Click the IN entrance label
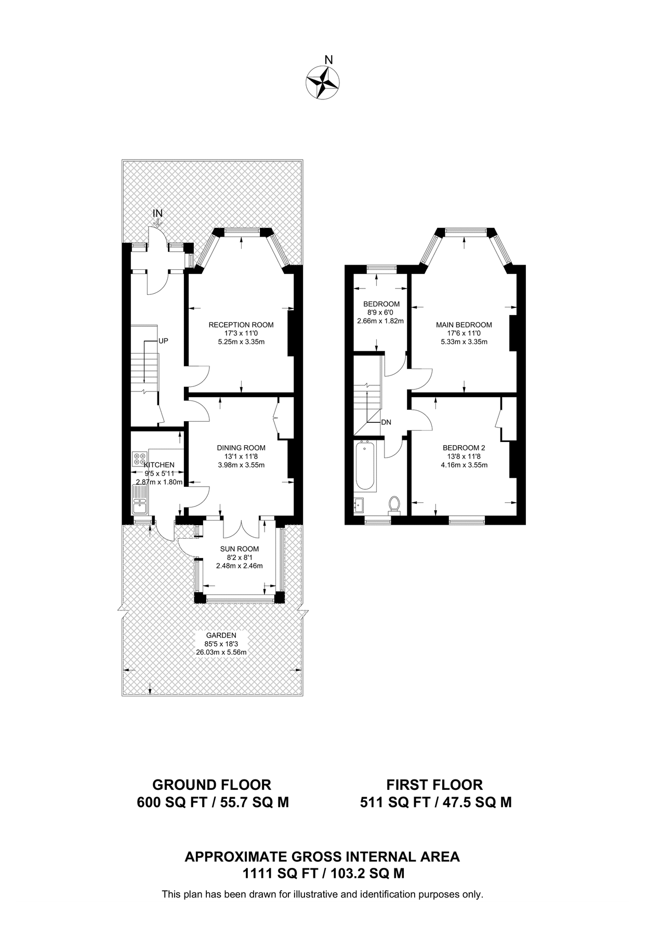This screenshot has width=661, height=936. [x=157, y=213]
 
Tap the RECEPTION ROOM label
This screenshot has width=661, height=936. [x=241, y=325]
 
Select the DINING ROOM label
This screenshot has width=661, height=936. [x=241, y=448]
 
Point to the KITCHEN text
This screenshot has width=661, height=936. [x=160, y=465]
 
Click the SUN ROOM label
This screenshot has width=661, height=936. [x=240, y=549]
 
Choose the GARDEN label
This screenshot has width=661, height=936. [x=221, y=635]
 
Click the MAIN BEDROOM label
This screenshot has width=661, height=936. [x=464, y=325]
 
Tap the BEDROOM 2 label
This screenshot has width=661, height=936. [x=464, y=448]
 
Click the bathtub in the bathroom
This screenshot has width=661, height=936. [x=365, y=466]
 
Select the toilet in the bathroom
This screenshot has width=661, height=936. [x=394, y=504]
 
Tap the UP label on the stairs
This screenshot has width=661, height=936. [x=163, y=341]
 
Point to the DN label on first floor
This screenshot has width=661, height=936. [x=386, y=422]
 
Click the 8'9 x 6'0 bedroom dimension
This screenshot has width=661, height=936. [x=381, y=313]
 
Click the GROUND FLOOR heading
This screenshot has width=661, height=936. [x=211, y=785]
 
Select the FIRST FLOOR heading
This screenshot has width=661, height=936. [x=435, y=785]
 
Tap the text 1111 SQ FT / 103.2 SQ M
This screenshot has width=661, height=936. [x=323, y=874]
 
